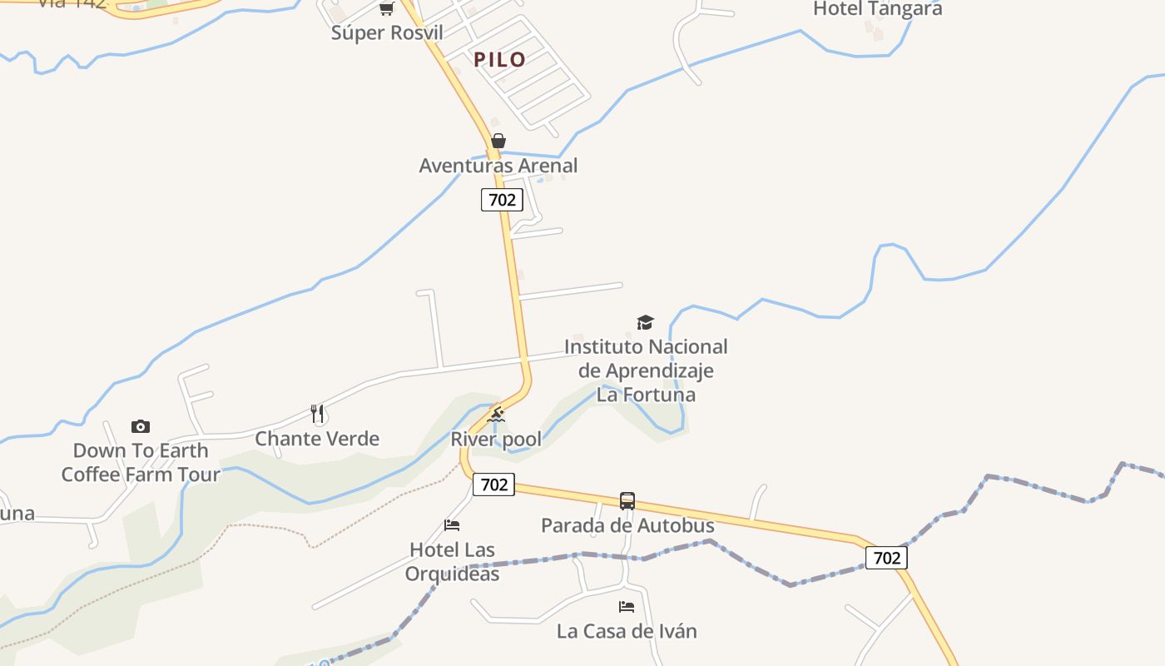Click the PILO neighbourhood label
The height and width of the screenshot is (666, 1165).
click(499, 59)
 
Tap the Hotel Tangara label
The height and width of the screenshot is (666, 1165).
click(877, 9)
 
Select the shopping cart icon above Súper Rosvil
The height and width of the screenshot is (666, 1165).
click(386, 8)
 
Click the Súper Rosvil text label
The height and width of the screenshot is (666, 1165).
click(386, 33)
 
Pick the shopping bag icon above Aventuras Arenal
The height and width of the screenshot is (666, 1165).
click(498, 141)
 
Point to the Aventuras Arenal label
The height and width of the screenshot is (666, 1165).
click(498, 166)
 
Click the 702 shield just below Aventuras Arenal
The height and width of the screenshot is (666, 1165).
click(502, 200)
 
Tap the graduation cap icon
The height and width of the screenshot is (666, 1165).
click(645, 322)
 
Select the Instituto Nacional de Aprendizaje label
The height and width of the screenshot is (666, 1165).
click(646, 370)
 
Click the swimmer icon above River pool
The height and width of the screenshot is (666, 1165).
click(496, 415)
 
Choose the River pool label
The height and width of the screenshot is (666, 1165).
click(496, 439)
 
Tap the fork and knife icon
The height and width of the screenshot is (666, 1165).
click(317, 413)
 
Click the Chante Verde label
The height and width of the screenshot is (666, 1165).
click(317, 439)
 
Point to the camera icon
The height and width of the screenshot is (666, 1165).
click(141, 426)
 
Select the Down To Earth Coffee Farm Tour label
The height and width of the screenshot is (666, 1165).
click(141, 462)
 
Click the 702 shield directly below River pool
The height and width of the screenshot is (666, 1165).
click(493, 485)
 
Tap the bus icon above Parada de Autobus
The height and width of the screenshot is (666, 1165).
click(627, 500)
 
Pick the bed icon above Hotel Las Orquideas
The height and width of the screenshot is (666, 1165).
click(452, 524)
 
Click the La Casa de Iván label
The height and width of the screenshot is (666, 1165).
click(627, 631)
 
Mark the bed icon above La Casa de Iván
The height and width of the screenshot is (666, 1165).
click(627, 607)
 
